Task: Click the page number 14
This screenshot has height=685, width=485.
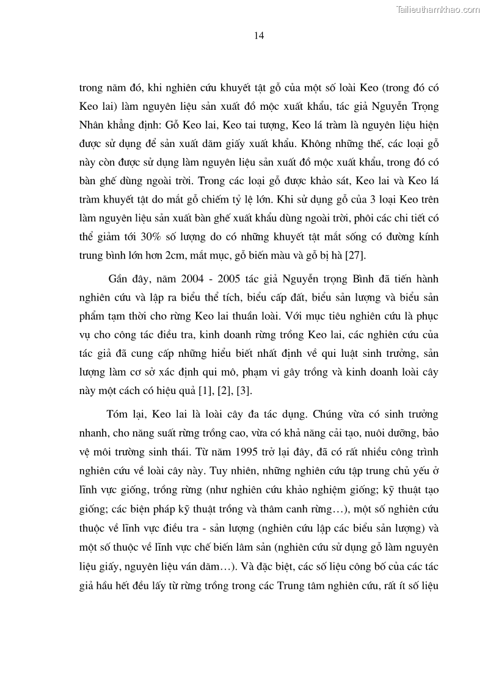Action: (258, 36)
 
